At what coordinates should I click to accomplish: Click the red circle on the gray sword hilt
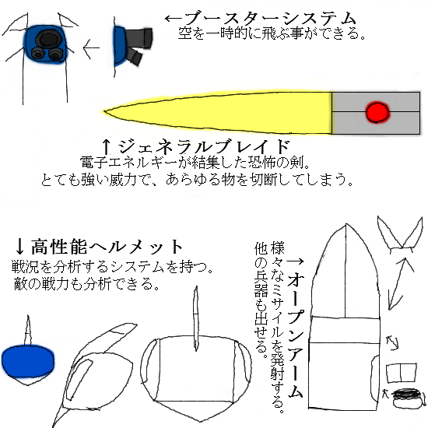tap(377, 113)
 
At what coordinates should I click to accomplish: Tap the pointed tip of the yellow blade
tap(103, 111)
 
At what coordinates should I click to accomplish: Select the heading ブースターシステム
tap(271, 19)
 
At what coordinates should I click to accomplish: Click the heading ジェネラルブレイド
tap(204, 146)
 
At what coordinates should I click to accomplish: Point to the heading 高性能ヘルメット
tap(107, 247)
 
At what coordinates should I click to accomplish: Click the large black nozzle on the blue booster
tap(48, 39)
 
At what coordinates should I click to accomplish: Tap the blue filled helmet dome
tap(28, 361)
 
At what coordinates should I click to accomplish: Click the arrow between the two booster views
tap(91, 48)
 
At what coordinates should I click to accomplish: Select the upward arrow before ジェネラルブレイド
tap(107, 146)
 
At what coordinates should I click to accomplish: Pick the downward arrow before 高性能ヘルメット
tap(19, 246)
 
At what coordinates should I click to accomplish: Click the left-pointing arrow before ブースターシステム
tap(174, 19)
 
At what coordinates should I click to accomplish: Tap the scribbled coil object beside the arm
tap(407, 398)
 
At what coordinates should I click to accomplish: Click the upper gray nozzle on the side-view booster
tap(140, 38)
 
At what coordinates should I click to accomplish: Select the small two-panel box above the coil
tap(402, 373)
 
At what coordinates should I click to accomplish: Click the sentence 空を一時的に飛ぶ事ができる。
tap(272, 33)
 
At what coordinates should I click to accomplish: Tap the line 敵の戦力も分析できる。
tap(87, 284)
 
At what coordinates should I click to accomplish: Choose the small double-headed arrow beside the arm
tap(392, 343)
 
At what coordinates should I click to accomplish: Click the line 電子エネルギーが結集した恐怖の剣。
tap(195, 163)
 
